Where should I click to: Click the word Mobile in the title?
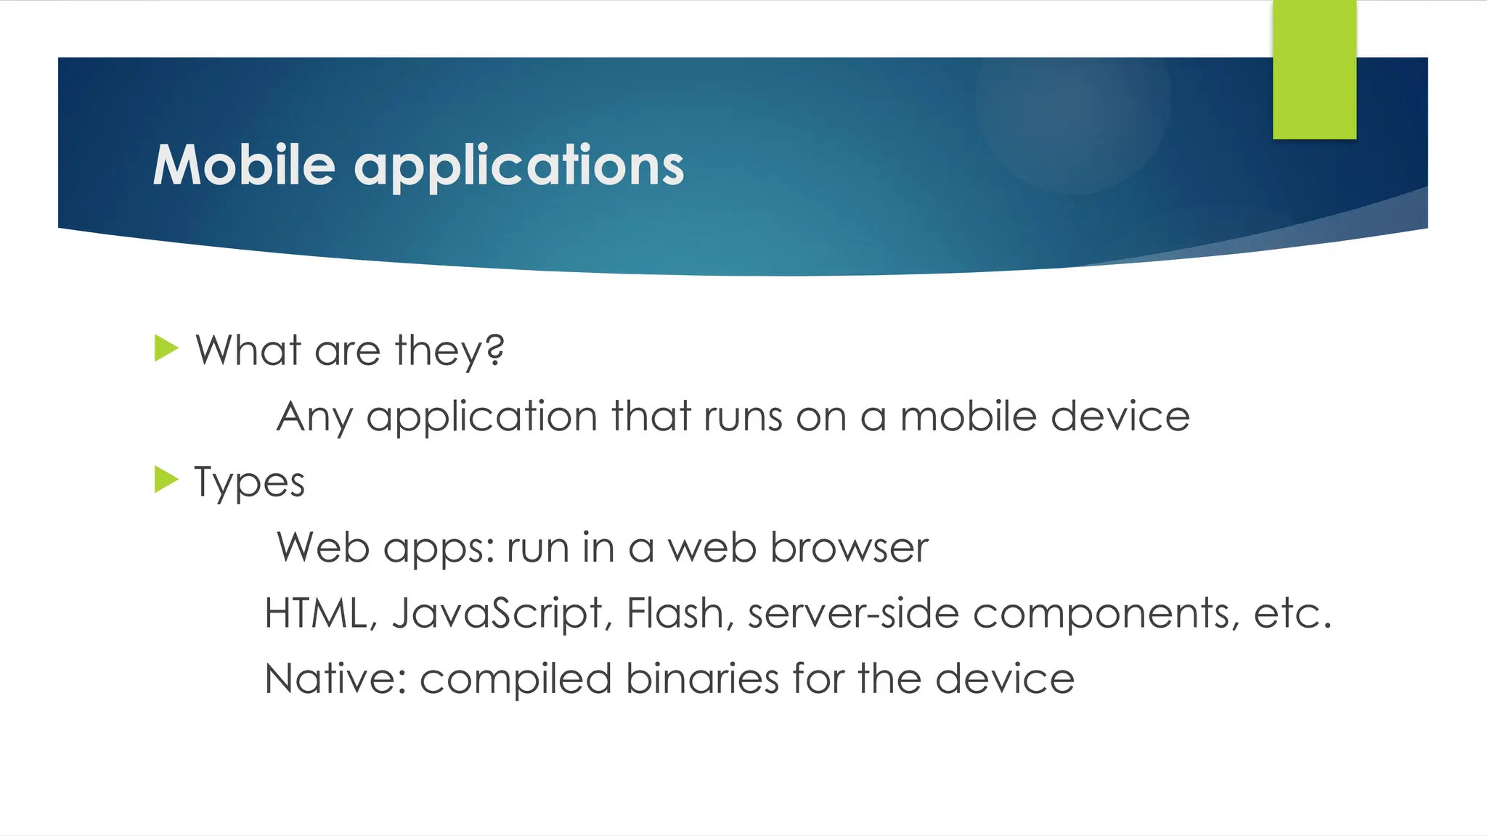click(244, 165)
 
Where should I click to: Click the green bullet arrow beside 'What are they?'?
click(166, 348)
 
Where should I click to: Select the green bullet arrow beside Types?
click(166, 480)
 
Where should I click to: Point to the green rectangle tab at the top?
click(1314, 69)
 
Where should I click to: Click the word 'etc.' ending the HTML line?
click(1292, 614)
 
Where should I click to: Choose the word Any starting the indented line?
click(314, 418)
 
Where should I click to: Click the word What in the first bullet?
click(248, 351)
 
